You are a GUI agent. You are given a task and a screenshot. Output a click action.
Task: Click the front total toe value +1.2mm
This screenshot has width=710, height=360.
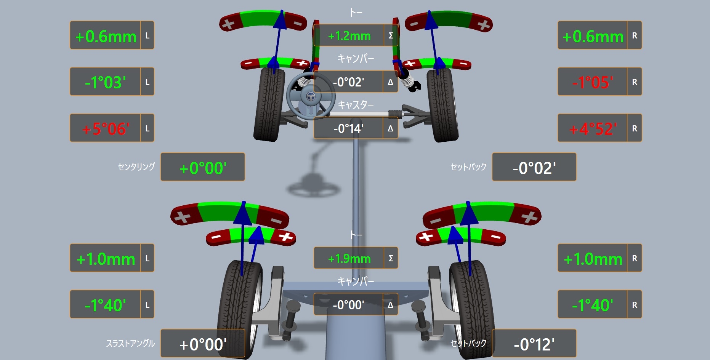349,36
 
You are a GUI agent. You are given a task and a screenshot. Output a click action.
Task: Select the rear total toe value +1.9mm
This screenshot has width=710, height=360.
349,259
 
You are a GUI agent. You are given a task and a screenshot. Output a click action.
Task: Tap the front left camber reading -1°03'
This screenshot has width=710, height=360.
105,82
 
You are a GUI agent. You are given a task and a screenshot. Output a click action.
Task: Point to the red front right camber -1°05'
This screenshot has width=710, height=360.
593,82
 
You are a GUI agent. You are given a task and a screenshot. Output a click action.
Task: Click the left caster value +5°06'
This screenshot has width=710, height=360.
106,129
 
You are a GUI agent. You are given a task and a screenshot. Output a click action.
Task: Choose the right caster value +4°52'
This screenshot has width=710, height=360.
593,129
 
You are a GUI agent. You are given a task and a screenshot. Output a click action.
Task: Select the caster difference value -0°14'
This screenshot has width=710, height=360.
348,129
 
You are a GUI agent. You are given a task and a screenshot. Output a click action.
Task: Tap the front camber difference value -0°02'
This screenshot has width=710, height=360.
348,82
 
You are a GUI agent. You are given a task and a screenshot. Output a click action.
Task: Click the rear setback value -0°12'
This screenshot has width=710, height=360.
534,344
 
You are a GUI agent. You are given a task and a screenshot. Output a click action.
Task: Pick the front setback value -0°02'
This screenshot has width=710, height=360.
534,168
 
